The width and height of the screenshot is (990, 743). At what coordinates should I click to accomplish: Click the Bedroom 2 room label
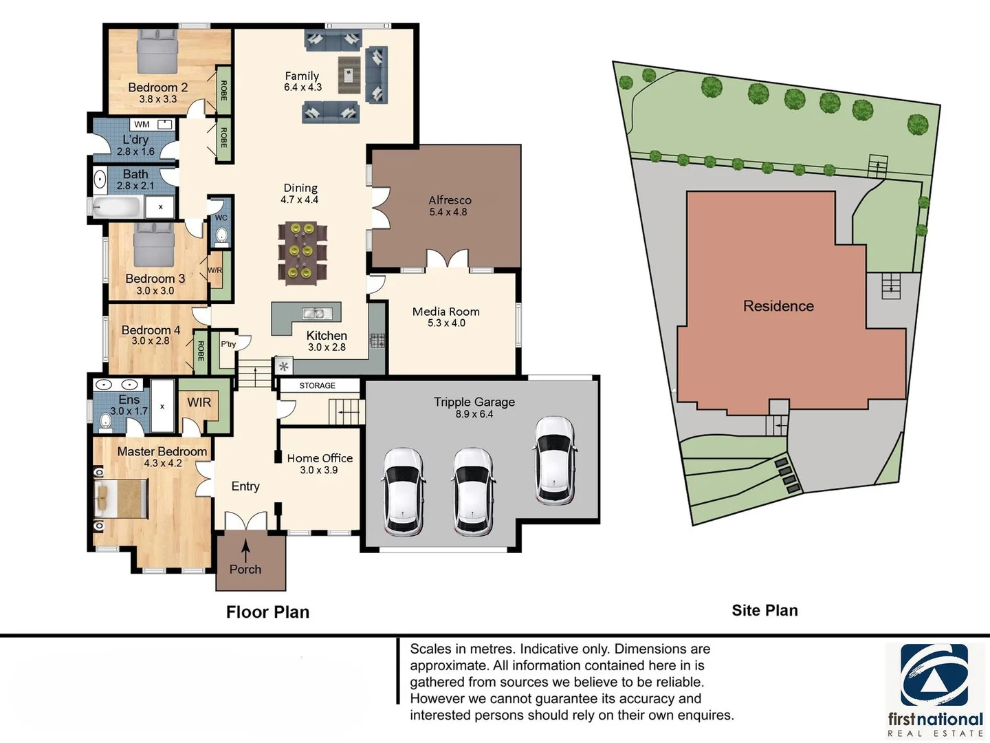[x=157, y=87]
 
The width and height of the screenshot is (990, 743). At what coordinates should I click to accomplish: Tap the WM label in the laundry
[x=142, y=125]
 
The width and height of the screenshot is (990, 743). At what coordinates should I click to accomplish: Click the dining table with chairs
[x=302, y=252]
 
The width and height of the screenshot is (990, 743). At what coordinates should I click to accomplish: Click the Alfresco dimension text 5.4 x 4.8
[x=448, y=212]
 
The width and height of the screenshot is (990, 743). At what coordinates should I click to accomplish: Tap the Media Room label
[x=445, y=311]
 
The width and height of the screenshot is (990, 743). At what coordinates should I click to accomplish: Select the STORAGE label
[x=317, y=386]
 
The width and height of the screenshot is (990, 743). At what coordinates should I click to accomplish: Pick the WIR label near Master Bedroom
[x=199, y=402]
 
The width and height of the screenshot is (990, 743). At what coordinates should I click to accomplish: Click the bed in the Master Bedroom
[x=121, y=499]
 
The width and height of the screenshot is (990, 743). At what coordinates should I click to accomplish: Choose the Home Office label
[x=320, y=458]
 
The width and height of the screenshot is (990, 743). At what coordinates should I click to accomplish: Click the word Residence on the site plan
[x=778, y=306]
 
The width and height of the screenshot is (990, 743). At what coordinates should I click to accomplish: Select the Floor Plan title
[x=267, y=612]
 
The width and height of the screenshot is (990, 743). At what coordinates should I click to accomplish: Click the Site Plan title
[x=764, y=610]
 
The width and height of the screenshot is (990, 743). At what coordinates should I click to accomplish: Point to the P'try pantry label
[x=228, y=344]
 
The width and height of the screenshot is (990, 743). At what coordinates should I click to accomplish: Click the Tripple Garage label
[x=474, y=402]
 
